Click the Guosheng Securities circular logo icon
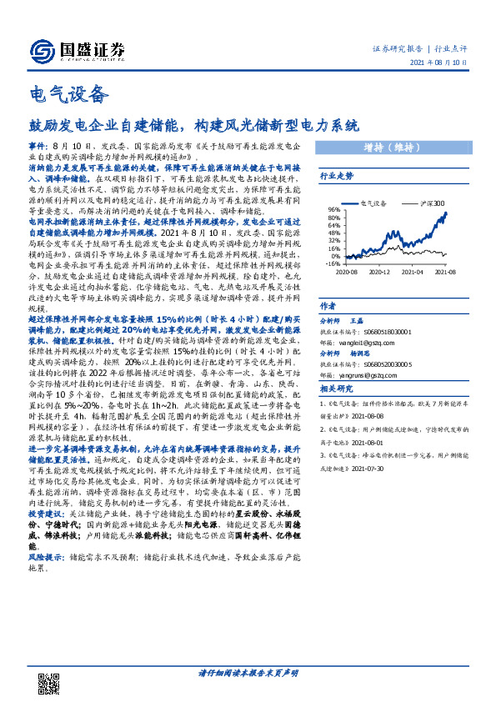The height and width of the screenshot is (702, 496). (x=42, y=52)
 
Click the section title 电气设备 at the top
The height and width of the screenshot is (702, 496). (x=68, y=93)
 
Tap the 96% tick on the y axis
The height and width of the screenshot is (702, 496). (x=334, y=209)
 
